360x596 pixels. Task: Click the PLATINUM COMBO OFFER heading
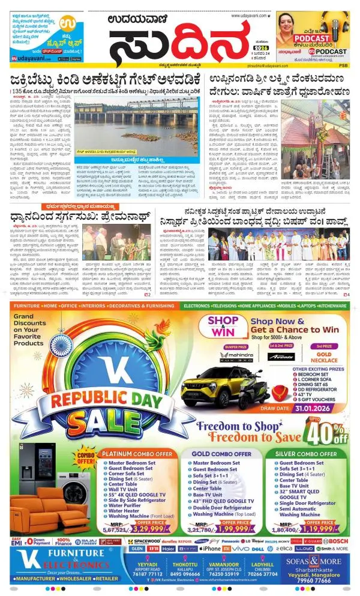(x=140, y=454)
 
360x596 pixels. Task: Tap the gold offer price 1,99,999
(x=241, y=529)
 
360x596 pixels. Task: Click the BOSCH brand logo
(x=337, y=541)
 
